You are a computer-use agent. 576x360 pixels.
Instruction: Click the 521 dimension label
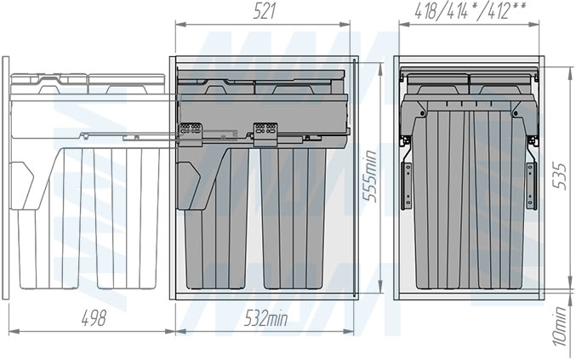click(264, 12)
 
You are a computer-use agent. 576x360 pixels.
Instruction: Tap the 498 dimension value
click(94, 318)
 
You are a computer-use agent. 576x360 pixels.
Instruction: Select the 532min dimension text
click(266, 318)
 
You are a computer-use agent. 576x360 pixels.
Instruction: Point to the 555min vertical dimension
click(370, 176)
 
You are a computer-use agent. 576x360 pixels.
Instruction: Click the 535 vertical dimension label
click(560, 176)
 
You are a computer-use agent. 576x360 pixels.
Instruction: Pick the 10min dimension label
click(560, 327)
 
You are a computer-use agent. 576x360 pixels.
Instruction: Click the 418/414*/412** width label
click(470, 11)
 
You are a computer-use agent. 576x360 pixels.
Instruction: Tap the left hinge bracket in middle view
click(191, 132)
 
